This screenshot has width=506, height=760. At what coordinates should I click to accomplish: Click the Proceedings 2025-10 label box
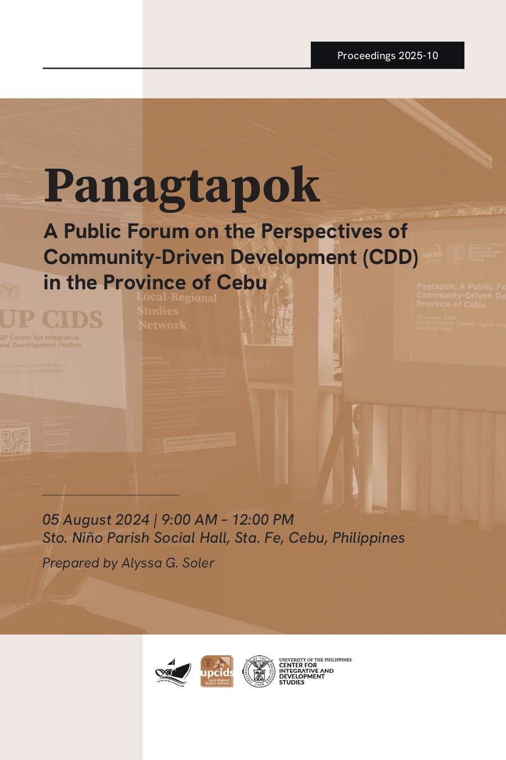387,56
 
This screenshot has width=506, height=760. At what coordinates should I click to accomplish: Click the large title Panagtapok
182,186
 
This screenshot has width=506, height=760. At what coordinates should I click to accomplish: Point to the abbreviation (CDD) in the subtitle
390,257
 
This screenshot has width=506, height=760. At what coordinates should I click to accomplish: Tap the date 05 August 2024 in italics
96,520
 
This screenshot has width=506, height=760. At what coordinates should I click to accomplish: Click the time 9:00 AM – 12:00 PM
228,520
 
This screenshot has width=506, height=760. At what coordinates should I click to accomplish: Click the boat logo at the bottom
173,672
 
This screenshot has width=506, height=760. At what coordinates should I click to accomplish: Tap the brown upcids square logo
217,671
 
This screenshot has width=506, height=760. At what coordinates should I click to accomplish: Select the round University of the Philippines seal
259,671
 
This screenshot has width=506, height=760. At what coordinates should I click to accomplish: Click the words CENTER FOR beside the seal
298,665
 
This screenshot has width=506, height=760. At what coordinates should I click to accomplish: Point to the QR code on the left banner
15,442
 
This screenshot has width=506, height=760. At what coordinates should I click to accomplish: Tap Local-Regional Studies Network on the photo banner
175,311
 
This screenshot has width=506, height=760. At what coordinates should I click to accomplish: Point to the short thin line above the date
110,495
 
